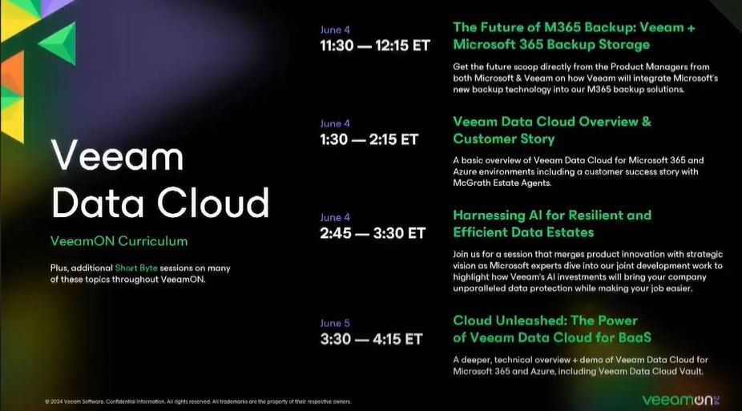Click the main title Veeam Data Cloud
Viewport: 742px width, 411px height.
coord(160,179)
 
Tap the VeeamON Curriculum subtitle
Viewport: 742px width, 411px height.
coord(119,241)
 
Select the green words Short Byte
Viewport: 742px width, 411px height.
coord(135,268)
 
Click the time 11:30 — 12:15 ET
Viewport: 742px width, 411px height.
coord(375,46)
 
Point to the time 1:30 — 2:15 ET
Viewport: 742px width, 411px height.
coord(369,139)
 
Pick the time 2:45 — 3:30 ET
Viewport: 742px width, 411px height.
coord(373,233)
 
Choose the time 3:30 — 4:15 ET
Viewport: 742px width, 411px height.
coord(371,339)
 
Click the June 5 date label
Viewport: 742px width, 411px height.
coord(335,323)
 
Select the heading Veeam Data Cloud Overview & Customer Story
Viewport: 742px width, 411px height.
coord(552,130)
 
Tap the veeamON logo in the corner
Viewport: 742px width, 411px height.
coord(681,400)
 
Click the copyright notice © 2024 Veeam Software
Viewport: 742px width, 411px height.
coord(75,401)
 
